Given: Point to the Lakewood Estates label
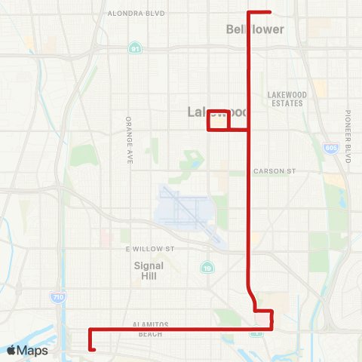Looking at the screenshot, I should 285,99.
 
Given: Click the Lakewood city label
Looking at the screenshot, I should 217,112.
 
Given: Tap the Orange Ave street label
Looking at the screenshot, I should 129,140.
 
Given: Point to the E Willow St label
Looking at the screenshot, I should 149,248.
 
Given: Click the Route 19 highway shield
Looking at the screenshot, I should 206,267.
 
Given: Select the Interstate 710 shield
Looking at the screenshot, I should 58,298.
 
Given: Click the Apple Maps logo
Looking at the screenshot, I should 26,350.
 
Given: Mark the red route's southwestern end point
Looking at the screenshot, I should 93,349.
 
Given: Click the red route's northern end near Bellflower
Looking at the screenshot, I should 268,12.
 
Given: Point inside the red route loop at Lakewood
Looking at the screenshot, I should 218,121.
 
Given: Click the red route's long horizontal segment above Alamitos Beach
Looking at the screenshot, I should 173,329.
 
